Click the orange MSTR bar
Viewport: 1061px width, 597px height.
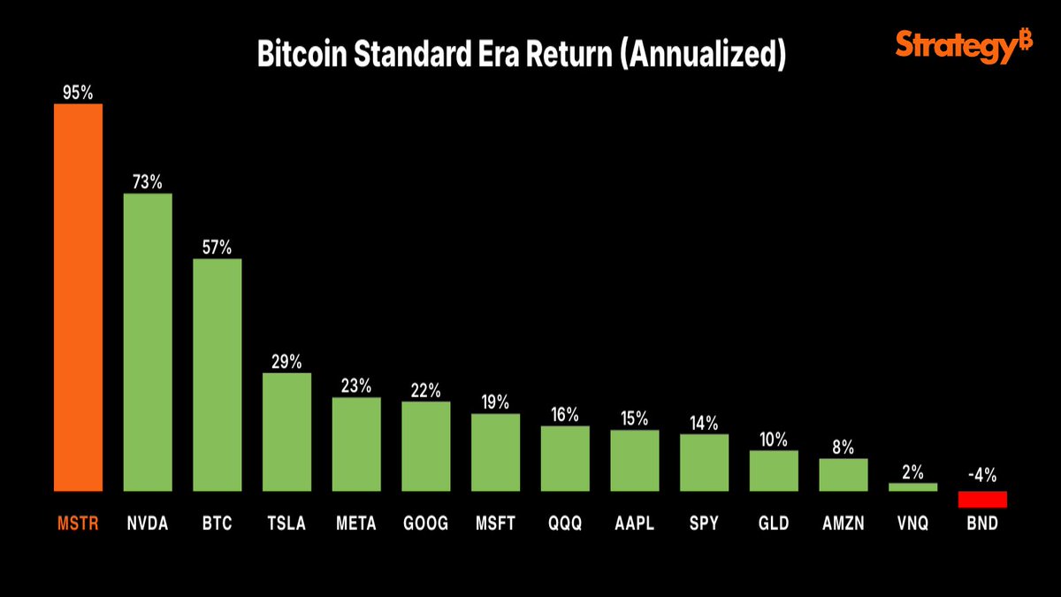78,297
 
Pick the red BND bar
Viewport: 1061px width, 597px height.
982,500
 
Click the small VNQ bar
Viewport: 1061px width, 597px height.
912,486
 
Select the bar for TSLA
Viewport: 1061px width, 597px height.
286,432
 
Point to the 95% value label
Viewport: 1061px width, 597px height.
78,92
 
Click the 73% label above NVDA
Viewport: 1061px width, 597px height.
148,182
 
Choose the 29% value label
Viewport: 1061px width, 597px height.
286,362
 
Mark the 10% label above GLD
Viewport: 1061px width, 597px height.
774,439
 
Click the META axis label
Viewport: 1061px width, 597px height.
355,524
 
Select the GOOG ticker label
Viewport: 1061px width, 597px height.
425,524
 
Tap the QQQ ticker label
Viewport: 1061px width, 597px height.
565,524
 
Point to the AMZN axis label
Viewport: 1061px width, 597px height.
843,524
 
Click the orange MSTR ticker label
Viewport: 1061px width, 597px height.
78,524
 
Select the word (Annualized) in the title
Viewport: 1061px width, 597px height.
703,55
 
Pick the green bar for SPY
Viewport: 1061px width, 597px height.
704,463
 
